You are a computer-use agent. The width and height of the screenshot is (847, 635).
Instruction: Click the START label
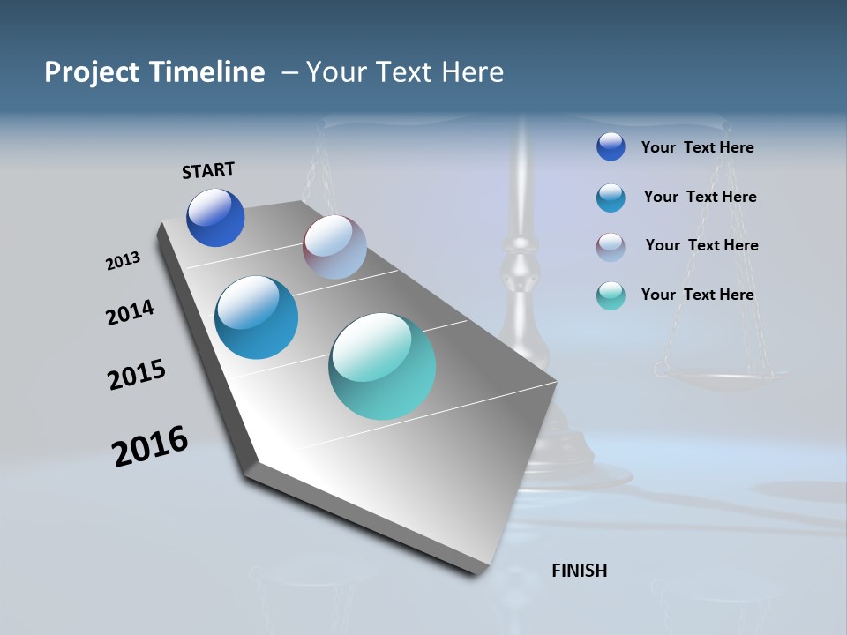tap(208, 170)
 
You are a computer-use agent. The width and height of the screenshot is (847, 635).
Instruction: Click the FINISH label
tap(579, 571)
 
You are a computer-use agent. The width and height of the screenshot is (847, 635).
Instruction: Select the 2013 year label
tap(123, 261)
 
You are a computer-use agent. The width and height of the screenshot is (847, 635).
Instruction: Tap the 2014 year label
tap(130, 312)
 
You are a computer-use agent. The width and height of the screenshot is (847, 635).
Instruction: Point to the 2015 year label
tap(137, 375)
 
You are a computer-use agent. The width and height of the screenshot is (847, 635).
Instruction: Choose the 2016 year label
tap(150, 446)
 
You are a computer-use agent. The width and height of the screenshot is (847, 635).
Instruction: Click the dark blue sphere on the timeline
tap(215, 218)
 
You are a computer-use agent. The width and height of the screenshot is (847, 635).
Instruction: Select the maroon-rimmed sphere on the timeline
tap(334, 247)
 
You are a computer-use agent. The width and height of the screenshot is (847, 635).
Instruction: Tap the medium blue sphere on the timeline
tap(257, 317)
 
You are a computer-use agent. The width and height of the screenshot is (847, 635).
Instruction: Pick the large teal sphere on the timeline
tap(382, 366)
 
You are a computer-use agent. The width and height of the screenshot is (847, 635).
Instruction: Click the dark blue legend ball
tap(611, 147)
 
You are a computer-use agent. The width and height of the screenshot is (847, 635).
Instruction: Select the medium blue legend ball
tap(611, 198)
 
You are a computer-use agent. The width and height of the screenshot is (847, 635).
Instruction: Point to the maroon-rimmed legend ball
tap(611, 247)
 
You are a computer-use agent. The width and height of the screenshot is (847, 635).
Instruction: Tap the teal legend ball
tap(611, 295)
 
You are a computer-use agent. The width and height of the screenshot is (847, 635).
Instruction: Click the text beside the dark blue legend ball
tap(697, 147)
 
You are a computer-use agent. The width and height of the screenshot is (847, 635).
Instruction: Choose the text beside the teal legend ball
tap(697, 295)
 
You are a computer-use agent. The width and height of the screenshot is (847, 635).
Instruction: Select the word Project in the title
tap(93, 72)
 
